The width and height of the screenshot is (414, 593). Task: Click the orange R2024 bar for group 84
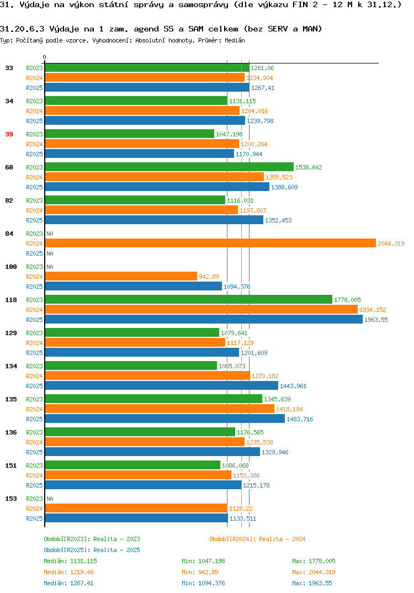[211, 243]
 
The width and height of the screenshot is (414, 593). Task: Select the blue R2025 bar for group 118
[204, 320]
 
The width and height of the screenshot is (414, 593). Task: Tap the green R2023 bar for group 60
[169, 167]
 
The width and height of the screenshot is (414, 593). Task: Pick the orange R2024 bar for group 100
[121, 277]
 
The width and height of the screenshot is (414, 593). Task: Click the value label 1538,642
[309, 167]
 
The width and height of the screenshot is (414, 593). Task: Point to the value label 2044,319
[391, 243]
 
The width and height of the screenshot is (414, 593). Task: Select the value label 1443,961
[293, 386]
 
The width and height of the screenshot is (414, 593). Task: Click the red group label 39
[9, 134]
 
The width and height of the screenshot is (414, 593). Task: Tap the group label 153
[11, 499]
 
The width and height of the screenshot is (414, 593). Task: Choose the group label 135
[11, 399]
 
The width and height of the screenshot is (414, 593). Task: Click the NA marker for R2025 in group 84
[50, 253]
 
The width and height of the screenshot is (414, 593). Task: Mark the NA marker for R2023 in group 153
[50, 499]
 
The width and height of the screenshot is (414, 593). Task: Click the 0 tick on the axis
[45, 57]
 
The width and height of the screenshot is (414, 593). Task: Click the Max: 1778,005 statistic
[314, 561]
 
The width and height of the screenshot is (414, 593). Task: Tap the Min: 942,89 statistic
[200, 572]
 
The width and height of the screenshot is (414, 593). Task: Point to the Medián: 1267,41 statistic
[68, 583]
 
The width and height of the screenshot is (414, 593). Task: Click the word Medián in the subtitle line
[235, 40]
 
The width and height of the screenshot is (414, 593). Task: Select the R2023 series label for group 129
[34, 333]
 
